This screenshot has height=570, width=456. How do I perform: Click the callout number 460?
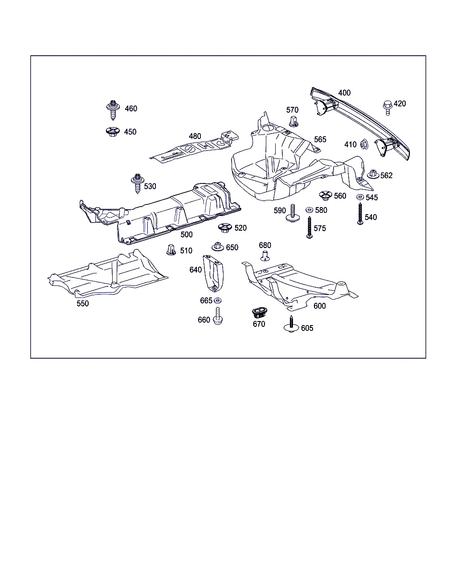[x=131, y=109]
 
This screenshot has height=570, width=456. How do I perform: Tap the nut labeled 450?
[x=112, y=131]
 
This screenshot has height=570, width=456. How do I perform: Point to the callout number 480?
[x=195, y=136]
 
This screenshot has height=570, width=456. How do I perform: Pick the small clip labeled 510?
[x=171, y=250]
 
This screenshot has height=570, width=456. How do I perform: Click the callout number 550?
[x=83, y=304]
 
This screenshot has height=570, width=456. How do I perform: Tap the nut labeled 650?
[x=218, y=247]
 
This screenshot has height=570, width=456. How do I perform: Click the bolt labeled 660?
[x=218, y=316]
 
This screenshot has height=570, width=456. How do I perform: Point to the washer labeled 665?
[x=218, y=301]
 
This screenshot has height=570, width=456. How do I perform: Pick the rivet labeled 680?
[x=265, y=255]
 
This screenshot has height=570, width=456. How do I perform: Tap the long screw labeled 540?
[x=360, y=213]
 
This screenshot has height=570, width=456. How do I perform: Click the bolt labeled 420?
[x=387, y=107]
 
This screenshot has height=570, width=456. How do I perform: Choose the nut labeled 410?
[x=363, y=144]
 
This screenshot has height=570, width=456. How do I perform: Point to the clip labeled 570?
[x=293, y=121]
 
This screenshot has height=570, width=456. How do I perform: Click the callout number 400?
[x=344, y=93]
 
